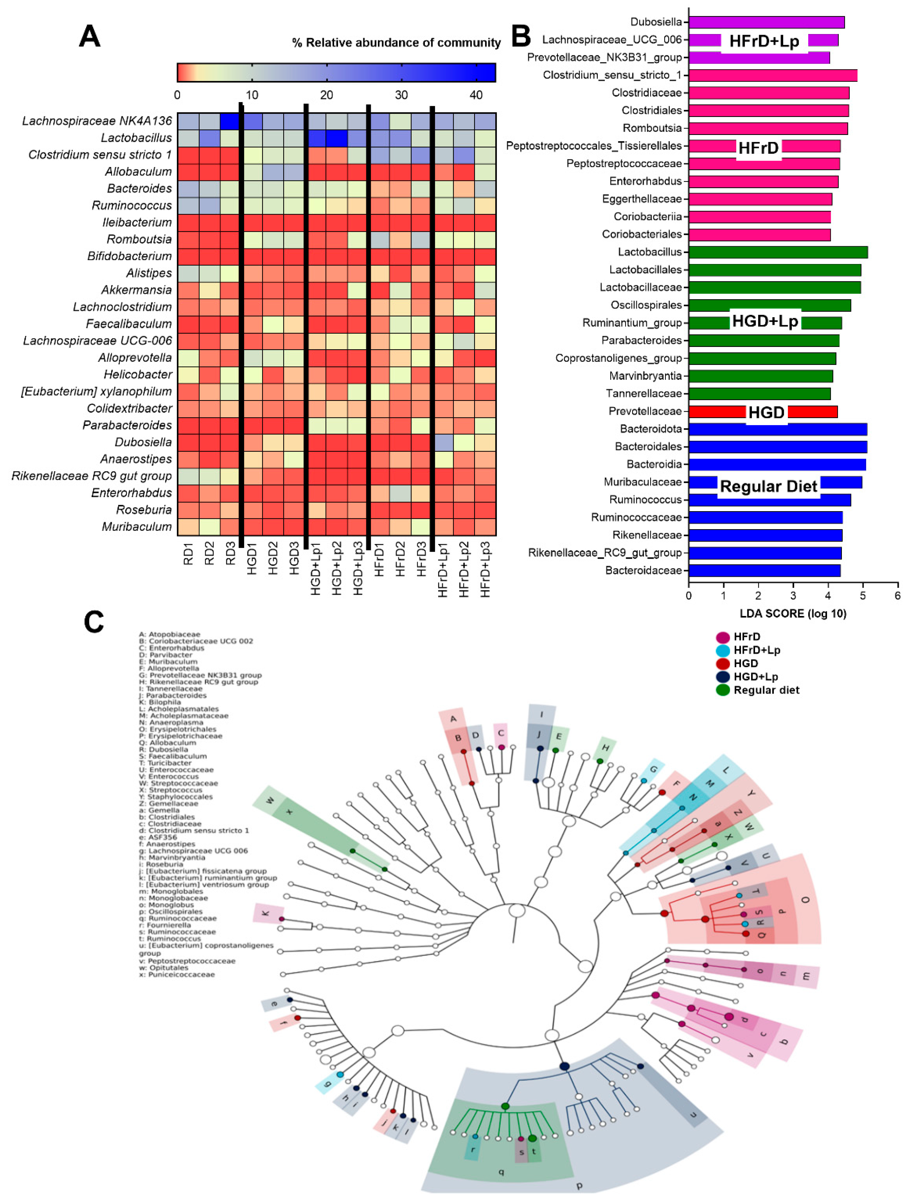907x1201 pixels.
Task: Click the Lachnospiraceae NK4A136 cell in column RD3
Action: tap(230, 121)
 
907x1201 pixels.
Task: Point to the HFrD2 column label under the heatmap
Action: tap(400, 559)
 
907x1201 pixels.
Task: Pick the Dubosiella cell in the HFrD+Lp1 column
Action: tap(443, 442)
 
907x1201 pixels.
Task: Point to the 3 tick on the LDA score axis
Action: tap(793, 596)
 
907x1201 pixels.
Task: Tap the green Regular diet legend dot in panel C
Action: tap(722, 690)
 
